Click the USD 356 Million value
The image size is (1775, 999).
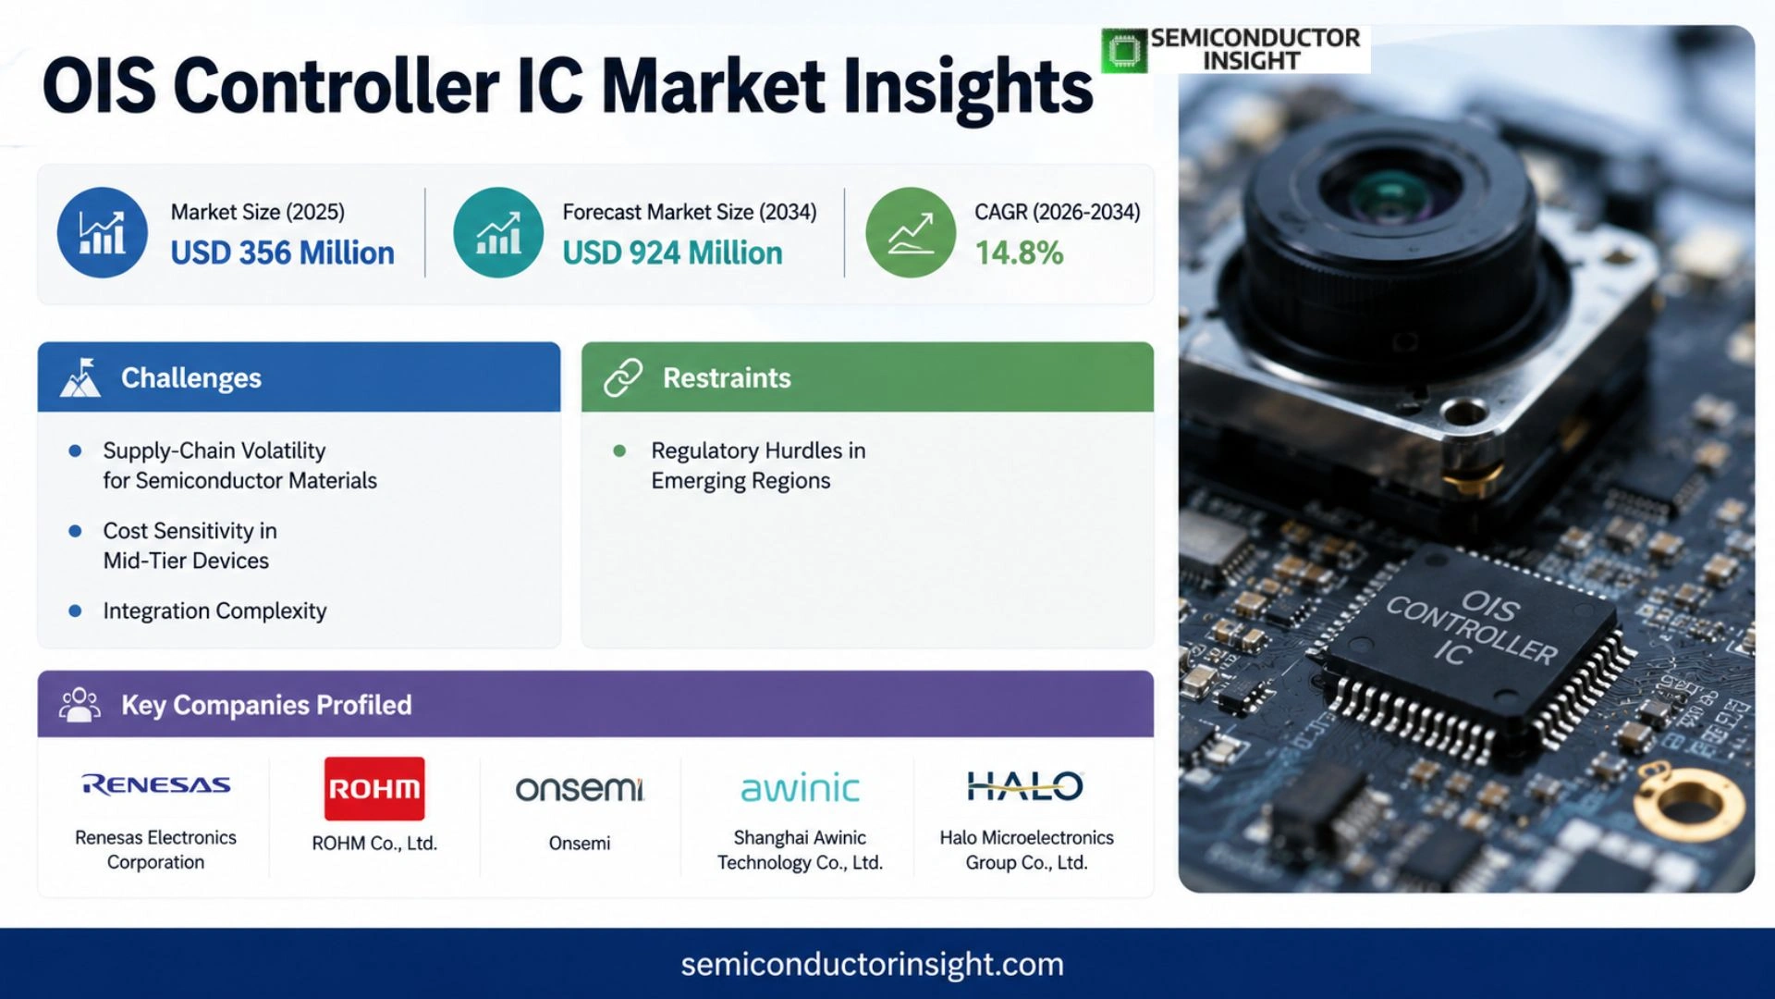(x=282, y=253)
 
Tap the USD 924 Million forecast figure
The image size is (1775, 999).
(x=672, y=253)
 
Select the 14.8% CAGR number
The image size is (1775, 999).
(x=1019, y=253)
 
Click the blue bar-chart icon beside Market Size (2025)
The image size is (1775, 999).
(x=102, y=232)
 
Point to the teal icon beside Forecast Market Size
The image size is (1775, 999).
(x=498, y=232)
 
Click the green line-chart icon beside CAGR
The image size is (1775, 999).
(x=911, y=232)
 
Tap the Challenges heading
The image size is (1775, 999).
(x=191, y=377)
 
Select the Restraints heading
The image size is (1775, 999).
(x=727, y=377)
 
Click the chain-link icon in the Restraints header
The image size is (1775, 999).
(x=623, y=377)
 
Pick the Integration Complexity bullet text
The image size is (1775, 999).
(x=214, y=610)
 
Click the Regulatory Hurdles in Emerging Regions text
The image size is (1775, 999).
(x=758, y=465)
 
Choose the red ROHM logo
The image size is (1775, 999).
(x=374, y=788)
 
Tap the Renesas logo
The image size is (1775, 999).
(x=156, y=784)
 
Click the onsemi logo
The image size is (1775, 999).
(x=580, y=788)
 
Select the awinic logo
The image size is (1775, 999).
(x=800, y=788)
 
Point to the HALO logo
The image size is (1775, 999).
(x=1025, y=786)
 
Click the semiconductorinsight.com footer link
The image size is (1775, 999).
(x=872, y=964)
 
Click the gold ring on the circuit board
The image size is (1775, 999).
(x=1689, y=801)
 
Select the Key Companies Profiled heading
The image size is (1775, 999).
(x=266, y=705)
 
